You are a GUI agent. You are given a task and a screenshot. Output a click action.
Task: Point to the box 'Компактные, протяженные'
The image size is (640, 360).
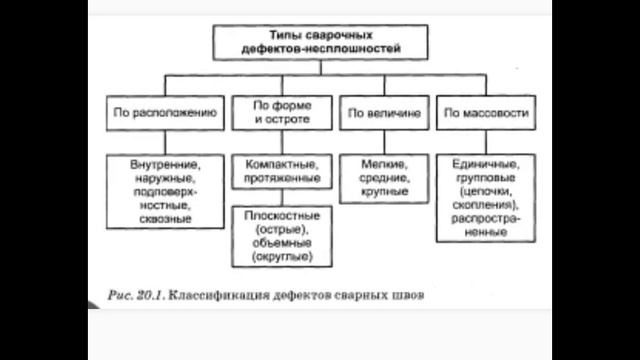tap(282, 172)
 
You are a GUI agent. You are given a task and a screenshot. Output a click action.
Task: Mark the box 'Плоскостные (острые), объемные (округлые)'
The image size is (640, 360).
tap(282, 236)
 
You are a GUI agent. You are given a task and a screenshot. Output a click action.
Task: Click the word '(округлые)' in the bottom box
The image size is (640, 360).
tap(282, 257)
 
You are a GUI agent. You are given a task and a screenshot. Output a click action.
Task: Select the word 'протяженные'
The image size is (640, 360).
tap(282, 179)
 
